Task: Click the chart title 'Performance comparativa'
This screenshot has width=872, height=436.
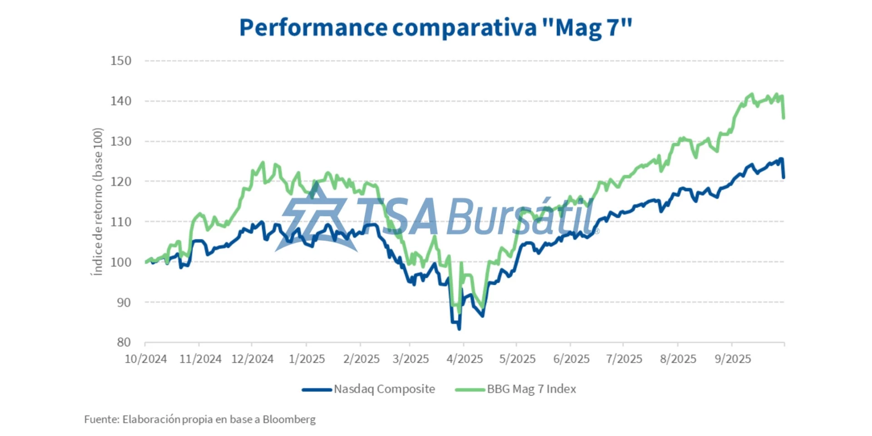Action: pos(388,28)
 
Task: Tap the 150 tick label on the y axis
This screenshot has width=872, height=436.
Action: pos(121,61)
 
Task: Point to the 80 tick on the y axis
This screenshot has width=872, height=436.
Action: pos(124,342)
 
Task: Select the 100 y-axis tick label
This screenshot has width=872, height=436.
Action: pos(121,262)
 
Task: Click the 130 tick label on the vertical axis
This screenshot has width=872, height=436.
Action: pos(121,141)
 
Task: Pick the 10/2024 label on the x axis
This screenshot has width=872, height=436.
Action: pos(146,359)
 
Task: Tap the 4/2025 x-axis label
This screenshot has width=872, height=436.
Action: pos(464,359)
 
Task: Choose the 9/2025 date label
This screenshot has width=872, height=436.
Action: pos(733,359)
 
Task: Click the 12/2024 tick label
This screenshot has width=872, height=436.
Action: pos(253,359)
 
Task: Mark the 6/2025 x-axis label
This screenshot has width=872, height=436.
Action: pos(571,359)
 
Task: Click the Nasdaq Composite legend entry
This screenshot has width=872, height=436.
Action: pos(384,389)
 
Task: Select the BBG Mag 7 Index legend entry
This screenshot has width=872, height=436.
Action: pos(531,389)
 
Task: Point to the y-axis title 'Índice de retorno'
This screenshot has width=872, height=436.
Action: pos(98,202)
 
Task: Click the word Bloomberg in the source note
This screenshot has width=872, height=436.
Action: pos(289,419)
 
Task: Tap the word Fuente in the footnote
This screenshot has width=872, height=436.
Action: pos(102,419)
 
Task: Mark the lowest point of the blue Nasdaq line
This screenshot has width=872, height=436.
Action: pos(459,328)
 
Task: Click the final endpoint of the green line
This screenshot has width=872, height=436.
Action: pos(784,118)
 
